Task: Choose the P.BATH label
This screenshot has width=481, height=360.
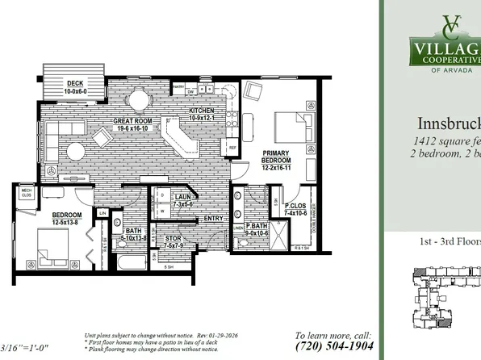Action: [257, 225]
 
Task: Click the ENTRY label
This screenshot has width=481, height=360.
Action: [214, 218]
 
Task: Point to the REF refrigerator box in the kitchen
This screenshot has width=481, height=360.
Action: [232, 149]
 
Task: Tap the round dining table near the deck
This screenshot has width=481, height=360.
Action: [140, 100]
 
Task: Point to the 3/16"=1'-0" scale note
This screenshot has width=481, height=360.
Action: [25, 348]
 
